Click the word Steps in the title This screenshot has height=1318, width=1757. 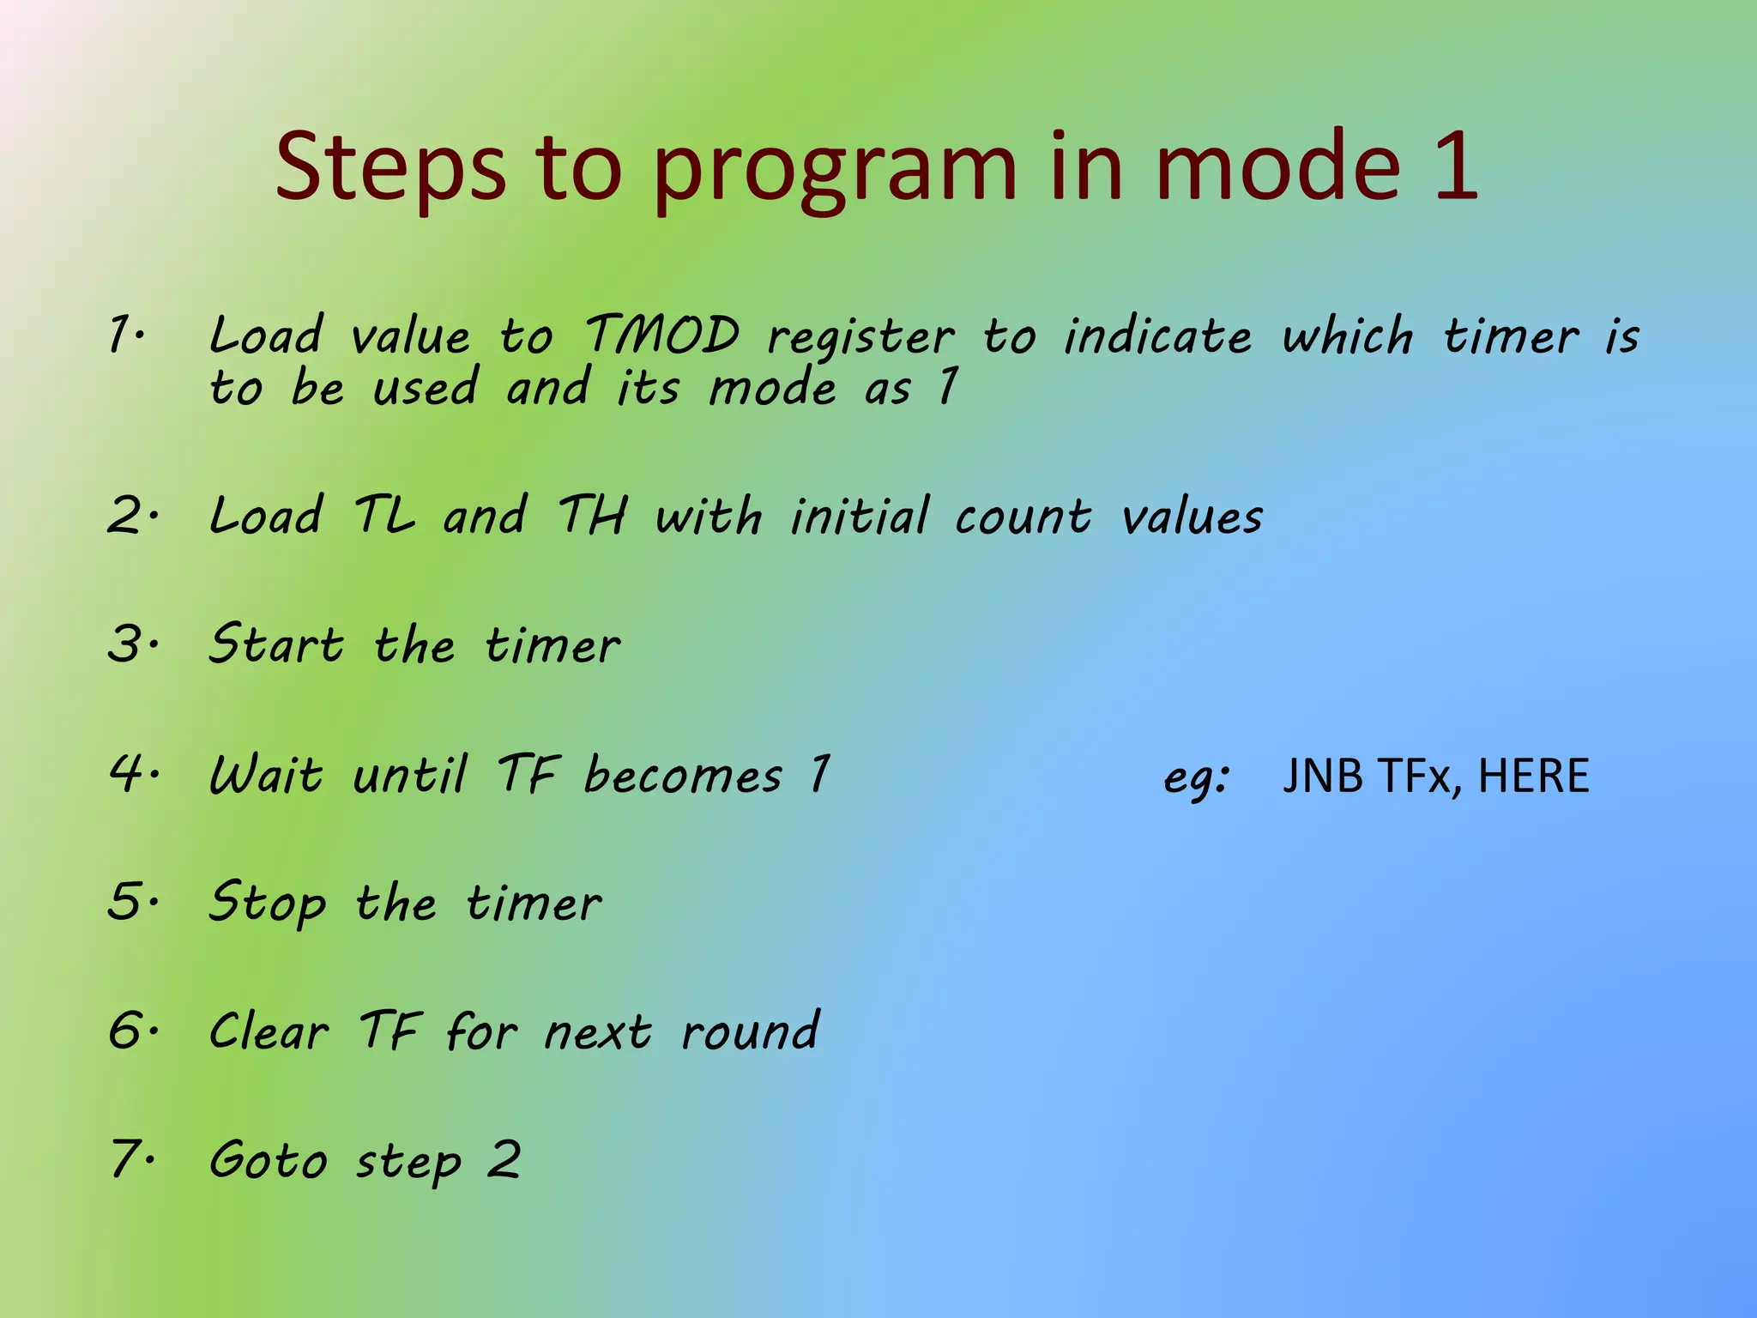click(390, 167)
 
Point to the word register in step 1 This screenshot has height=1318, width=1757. click(860, 339)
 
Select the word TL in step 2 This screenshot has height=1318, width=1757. click(383, 516)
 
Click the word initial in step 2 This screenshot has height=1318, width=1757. click(859, 516)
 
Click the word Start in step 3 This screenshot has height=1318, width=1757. click(276, 644)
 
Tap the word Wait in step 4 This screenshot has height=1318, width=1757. click(267, 774)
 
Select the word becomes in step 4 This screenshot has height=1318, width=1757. click(683, 776)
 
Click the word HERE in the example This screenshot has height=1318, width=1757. click(1533, 776)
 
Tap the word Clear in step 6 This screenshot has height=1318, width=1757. click(269, 1031)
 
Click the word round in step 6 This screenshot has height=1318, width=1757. click(750, 1031)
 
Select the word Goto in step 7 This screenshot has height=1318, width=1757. click(269, 1161)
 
